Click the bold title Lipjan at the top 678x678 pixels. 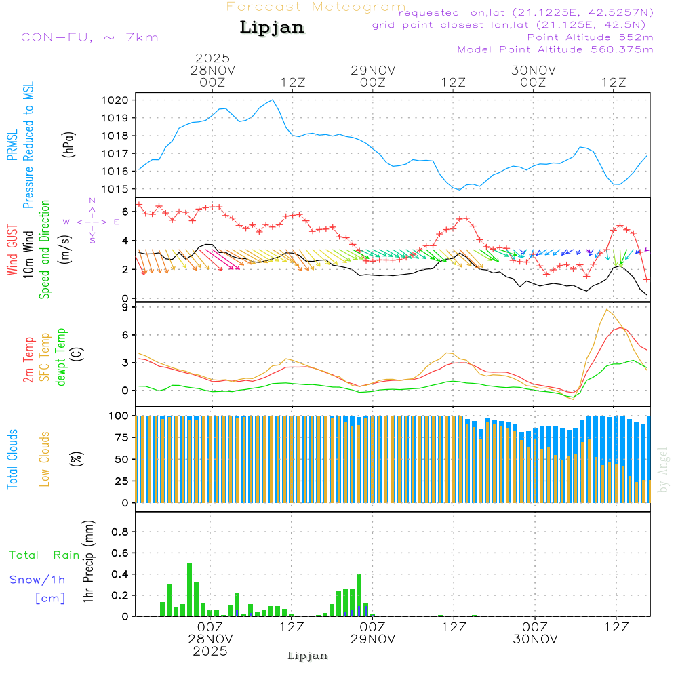[x=271, y=28]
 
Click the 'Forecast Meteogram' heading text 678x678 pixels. [x=315, y=7]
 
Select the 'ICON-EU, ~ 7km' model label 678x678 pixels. [x=87, y=37]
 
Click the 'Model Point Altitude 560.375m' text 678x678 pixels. [x=555, y=49]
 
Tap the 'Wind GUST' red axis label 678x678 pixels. [x=13, y=251]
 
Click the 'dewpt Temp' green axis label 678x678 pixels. [x=61, y=357]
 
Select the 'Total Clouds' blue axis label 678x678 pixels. [x=13, y=459]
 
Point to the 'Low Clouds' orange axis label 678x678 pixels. [x=45, y=459]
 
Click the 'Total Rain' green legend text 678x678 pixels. [x=45, y=555]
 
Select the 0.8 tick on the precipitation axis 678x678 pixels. [x=120, y=532]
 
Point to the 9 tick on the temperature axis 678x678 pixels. [x=125, y=307]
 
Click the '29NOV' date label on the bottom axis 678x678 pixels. [x=372, y=639]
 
